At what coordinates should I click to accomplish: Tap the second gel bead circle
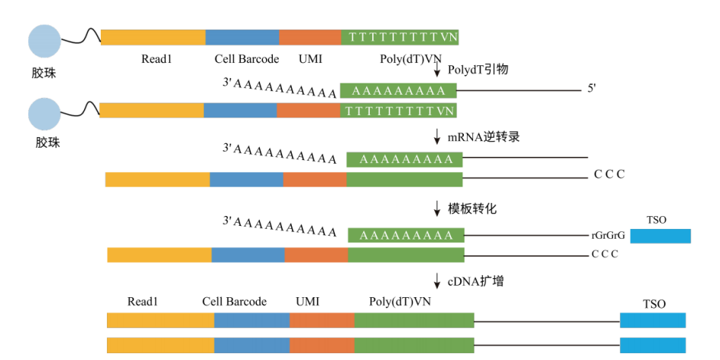[x=44, y=114]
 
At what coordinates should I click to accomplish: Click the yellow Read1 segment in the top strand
[x=152, y=36]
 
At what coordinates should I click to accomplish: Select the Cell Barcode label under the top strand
[x=246, y=59]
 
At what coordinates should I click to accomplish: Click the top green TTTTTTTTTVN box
[x=400, y=36]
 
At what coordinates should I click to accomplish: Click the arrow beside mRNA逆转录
[x=437, y=137]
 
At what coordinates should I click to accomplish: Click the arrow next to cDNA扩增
[x=437, y=280]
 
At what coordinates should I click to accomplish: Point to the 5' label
[x=592, y=89]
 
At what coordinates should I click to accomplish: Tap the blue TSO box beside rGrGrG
[x=660, y=236]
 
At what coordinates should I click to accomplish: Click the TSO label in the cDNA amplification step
[x=653, y=304]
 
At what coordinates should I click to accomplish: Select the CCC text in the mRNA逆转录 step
[x=609, y=175]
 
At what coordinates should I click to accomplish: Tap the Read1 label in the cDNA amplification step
[x=142, y=302]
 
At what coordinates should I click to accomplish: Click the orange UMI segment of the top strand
[x=309, y=36]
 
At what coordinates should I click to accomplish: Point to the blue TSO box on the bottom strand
[x=653, y=345]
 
